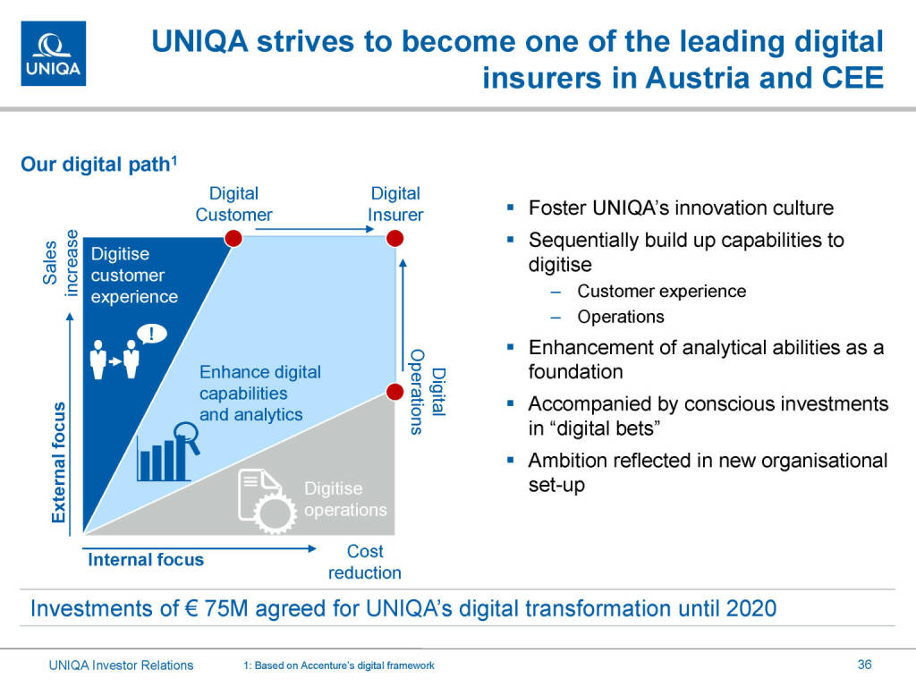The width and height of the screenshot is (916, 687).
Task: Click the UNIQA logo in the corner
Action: pyautogui.click(x=53, y=54)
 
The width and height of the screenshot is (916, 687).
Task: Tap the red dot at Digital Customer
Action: pyautogui.click(x=233, y=238)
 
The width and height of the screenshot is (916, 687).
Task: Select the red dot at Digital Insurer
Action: pyautogui.click(x=394, y=238)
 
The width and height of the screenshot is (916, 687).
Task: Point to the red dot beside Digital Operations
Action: pyautogui.click(x=394, y=392)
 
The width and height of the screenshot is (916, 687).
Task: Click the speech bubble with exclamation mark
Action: pyautogui.click(x=152, y=335)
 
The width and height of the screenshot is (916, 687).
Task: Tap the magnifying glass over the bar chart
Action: pyautogui.click(x=188, y=437)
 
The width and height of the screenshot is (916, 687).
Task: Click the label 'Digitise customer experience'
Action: pyautogui.click(x=134, y=276)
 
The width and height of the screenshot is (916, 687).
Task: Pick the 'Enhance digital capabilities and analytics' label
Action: pyautogui.click(x=260, y=394)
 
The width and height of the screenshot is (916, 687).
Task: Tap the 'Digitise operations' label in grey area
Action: pyautogui.click(x=345, y=499)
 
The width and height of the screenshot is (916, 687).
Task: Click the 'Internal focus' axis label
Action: pyautogui.click(x=146, y=560)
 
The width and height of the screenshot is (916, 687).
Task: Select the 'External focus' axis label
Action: pyautogui.click(x=58, y=462)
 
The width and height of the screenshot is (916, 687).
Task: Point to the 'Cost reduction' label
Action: pyautogui.click(x=365, y=562)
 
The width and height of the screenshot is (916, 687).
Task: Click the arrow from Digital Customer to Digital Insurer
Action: pyautogui.click(x=314, y=229)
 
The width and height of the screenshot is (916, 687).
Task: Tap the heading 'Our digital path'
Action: pyautogui.click(x=98, y=165)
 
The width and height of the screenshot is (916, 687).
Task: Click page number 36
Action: pyautogui.click(x=865, y=665)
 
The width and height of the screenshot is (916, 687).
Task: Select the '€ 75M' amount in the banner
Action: pyautogui.click(x=216, y=608)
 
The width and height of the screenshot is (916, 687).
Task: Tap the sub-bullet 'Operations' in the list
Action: pyautogui.click(x=621, y=317)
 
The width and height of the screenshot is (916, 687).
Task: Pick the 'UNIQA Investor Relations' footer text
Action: pyautogui.click(x=121, y=665)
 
